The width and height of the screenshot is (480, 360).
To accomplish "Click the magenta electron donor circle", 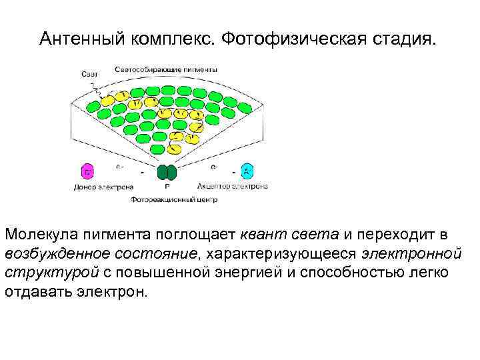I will [87, 171].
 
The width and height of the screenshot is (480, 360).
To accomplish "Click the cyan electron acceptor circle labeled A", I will [246, 171].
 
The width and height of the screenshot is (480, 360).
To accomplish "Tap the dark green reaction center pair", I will [167, 173].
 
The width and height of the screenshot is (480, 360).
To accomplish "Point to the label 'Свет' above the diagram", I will [90, 73].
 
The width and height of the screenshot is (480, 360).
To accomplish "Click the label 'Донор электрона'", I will [103, 187].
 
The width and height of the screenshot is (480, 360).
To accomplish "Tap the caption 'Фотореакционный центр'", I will [174, 199].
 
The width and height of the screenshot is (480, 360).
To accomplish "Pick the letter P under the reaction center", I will [167, 187].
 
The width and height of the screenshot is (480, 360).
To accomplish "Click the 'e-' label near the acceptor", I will [213, 165].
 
